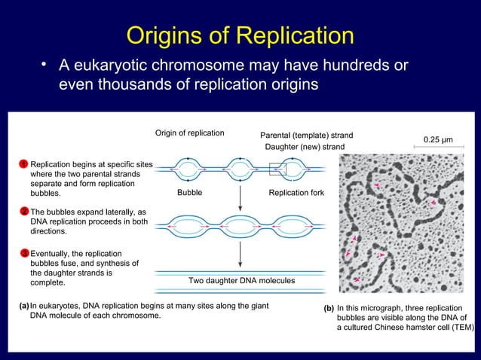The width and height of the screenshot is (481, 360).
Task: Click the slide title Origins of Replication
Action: click(240, 35)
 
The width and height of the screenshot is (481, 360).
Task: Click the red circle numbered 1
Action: click(24, 163)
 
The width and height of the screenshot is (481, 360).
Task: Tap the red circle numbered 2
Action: click(24, 212)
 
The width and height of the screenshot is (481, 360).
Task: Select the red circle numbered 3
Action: click(24, 253)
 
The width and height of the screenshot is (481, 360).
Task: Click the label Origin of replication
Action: click(189, 133)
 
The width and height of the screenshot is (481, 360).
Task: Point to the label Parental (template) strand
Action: click(306, 136)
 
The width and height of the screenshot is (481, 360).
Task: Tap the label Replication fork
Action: click(296, 194)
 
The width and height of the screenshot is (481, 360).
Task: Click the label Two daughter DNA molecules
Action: click(241, 280)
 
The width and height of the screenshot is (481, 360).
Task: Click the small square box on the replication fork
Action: click(277, 169)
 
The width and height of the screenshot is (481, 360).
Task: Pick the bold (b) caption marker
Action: click(328, 309)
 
